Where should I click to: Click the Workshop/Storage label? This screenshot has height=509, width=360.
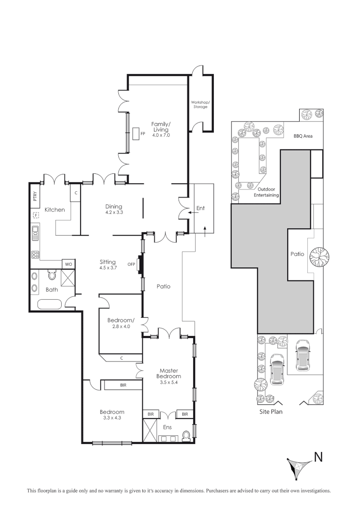coord(199,104)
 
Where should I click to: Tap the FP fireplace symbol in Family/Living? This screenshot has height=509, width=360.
coord(137,134)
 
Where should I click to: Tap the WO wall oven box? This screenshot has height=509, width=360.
coord(68,264)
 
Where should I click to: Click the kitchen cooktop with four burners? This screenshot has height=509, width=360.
coord(35,254)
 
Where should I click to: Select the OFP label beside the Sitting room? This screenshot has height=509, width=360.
coord(131,264)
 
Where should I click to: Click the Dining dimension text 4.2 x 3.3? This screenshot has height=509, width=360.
coord(114,213)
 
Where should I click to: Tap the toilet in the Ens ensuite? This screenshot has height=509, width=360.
coord(187,435)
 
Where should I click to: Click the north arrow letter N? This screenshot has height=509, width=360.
coord(319,456)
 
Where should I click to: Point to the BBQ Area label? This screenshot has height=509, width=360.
coord(303,136)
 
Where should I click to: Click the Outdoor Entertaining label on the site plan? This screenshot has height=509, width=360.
coord(266,192)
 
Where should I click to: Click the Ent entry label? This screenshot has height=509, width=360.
coord(200,208)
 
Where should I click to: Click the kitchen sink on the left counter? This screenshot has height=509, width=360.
coord(35,232)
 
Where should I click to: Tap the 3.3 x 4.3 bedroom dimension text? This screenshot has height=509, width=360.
coord(112,418)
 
